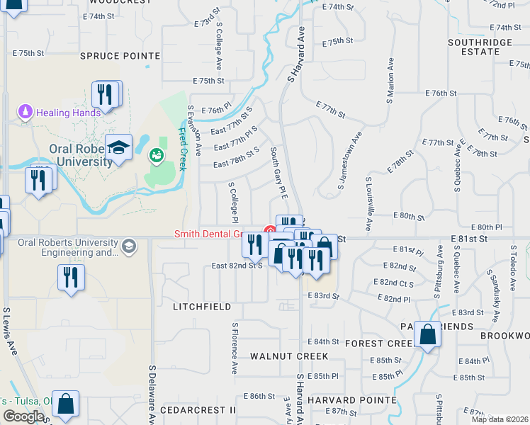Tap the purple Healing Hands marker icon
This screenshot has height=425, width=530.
pos(26,112)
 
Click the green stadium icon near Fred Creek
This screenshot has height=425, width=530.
pos(156,154)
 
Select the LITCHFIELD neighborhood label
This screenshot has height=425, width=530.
pos(202,307)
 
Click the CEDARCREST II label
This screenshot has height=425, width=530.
pos(198,410)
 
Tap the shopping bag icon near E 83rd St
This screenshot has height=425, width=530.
pos(428,335)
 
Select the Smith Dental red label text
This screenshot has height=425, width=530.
pos(209,234)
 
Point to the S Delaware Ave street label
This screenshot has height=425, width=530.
pos(152,395)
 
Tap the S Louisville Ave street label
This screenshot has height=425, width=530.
pos(368,204)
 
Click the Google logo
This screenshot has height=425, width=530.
pos(23,416)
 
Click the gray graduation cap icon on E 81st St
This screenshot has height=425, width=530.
pos(128,246)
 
